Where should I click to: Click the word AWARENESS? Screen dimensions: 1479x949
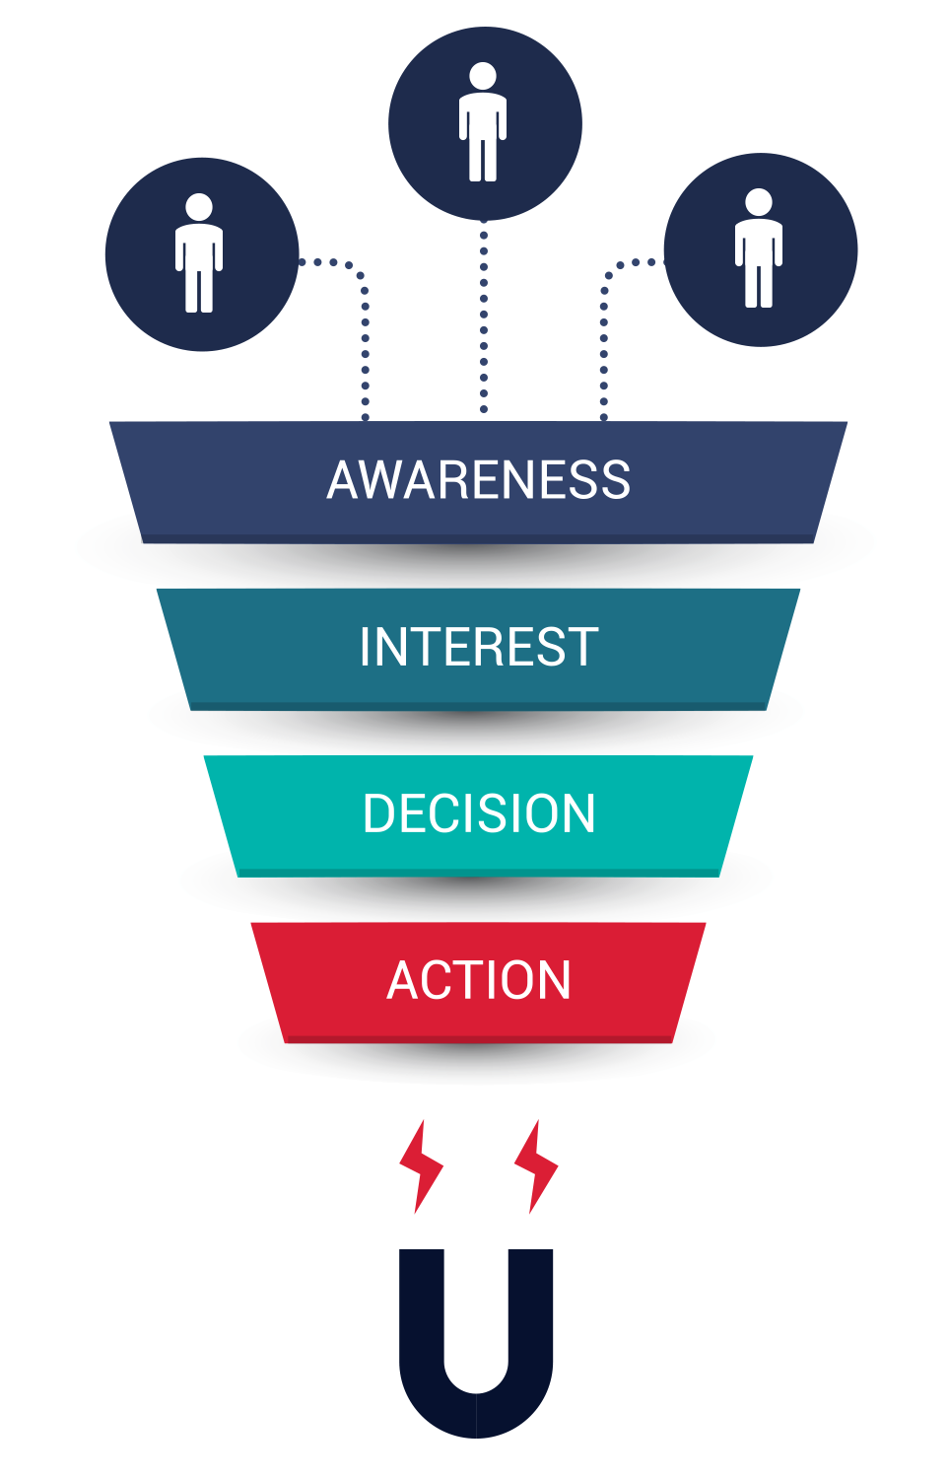coord(478,480)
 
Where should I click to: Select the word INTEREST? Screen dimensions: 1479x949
coord(479,647)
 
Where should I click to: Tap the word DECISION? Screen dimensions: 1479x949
coord(479,813)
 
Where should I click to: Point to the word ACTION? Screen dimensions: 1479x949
coord(479,980)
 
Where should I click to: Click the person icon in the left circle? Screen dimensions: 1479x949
coord(199,254)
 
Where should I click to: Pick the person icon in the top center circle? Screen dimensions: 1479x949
coord(483,123)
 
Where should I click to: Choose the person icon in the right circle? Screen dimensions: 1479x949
coord(759,249)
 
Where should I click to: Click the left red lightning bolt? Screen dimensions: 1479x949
coord(421,1166)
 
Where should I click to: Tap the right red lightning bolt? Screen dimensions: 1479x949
coord(536,1166)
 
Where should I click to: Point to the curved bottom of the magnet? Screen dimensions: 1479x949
coord(476,1415)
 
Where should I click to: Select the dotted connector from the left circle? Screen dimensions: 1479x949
coord(365,335)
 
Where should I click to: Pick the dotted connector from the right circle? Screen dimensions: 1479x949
coord(604,335)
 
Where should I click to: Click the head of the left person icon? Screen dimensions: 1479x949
coord(199,207)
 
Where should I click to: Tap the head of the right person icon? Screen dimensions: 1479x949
coord(759,202)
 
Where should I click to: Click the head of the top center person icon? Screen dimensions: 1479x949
coord(483,76)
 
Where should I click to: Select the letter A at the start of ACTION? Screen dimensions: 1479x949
coord(403,980)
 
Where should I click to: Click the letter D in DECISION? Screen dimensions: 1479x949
coord(378,813)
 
